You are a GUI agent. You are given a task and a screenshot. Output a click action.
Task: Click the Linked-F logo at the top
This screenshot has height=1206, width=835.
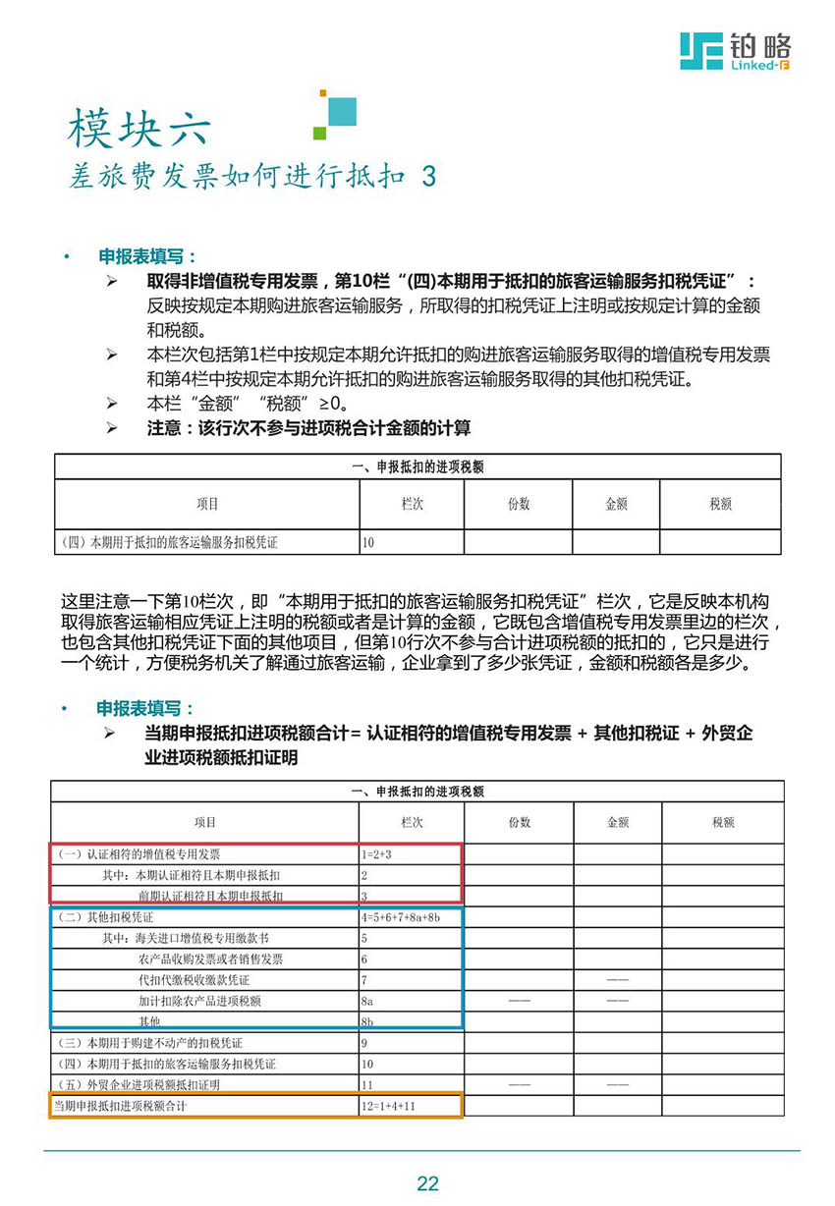coord(736,49)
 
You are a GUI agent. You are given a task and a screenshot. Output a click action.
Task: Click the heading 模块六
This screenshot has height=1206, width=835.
coord(139,128)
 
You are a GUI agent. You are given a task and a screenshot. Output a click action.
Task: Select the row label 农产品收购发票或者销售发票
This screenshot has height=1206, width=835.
coord(211,959)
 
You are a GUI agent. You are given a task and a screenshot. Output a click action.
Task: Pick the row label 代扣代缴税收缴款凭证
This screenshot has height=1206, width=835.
coord(195,980)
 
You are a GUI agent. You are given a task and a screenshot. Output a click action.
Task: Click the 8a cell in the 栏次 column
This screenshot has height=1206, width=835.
coord(367,1001)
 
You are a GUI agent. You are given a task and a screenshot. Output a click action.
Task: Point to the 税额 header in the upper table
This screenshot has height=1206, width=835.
coord(720,504)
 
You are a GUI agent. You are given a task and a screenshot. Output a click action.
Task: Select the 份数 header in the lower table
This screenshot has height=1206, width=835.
coord(519,822)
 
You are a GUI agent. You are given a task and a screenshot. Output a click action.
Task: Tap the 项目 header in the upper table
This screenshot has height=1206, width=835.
coord(207,504)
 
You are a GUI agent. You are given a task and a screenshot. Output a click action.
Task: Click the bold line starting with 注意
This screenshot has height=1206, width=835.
coord(308,428)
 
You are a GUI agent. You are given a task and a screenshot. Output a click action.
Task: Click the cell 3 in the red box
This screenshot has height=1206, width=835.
coord(364,896)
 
